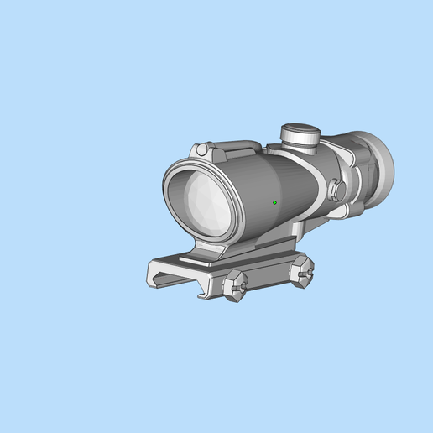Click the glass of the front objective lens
click(202, 202)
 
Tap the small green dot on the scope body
click(274, 202)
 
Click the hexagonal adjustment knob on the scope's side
click(337, 190)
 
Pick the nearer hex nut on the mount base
click(234, 284)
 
